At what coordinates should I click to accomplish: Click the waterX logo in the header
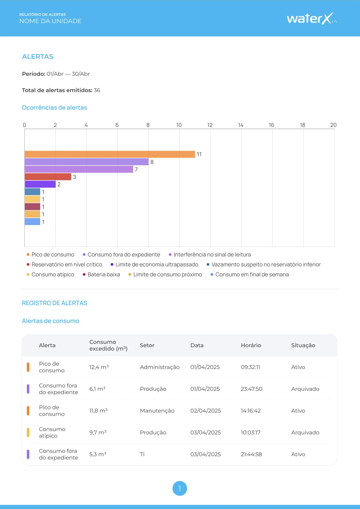pyautogui.click(x=312, y=18)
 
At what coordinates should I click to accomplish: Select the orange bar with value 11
pyautogui.click(x=109, y=154)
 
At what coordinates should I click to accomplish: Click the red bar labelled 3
pyautogui.click(x=48, y=177)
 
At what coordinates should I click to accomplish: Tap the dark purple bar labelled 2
pyautogui.click(x=40, y=184)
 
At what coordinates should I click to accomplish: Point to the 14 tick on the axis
pyautogui.click(x=241, y=125)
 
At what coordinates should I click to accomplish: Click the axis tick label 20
pyautogui.click(x=333, y=125)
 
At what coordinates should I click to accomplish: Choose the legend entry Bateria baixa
pyautogui.click(x=101, y=275)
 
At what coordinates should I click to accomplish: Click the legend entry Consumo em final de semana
pyautogui.click(x=250, y=275)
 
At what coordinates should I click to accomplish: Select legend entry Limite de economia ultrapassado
pyautogui.click(x=154, y=264)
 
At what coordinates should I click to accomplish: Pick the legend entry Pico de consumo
pyautogui.click(x=50, y=255)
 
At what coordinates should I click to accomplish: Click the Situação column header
pyautogui.click(x=303, y=345)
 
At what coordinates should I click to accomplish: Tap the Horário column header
pyautogui.click(x=251, y=345)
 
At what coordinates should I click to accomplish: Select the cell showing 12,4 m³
pyautogui.click(x=99, y=367)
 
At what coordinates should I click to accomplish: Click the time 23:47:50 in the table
pyautogui.click(x=251, y=389)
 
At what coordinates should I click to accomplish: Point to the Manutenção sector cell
pyautogui.click(x=157, y=411)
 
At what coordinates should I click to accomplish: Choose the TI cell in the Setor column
pyautogui.click(x=142, y=454)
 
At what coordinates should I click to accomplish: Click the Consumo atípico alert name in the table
pyautogui.click(x=52, y=433)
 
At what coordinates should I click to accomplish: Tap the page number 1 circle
pyautogui.click(x=180, y=488)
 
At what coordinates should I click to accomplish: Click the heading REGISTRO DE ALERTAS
pyautogui.click(x=55, y=303)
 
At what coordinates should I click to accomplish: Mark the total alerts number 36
pyautogui.click(x=97, y=90)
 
